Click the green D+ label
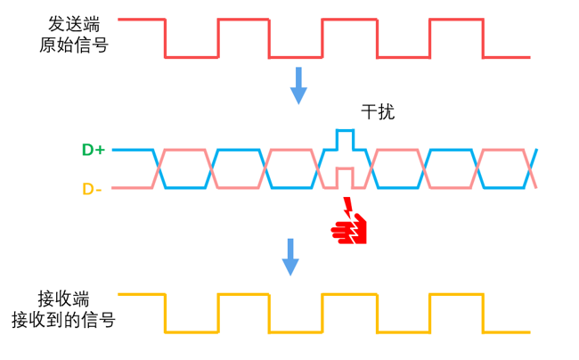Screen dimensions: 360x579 point(94,151)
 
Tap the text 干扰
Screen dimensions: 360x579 point(376,113)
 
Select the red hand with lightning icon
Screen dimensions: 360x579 point(349,228)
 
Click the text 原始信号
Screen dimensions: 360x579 point(75,45)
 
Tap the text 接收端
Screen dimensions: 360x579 point(63,297)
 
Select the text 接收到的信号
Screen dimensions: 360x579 point(62,318)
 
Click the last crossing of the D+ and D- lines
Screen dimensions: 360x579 point(533,168)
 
